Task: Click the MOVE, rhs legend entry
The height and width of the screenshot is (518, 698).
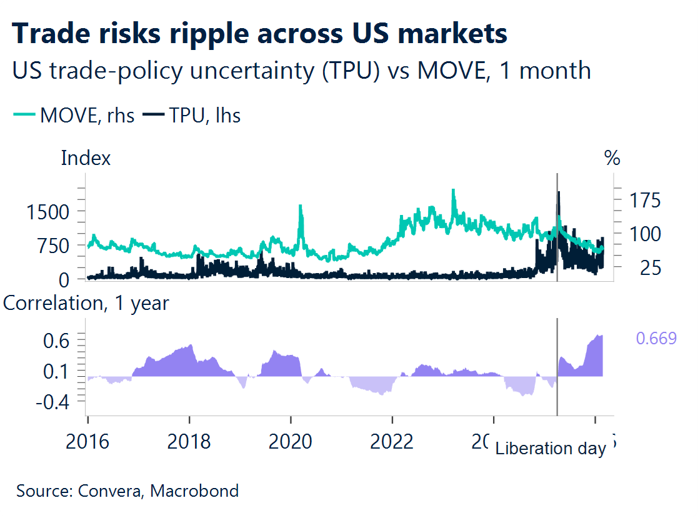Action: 74,116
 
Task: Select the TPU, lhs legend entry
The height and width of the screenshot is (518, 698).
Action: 192,116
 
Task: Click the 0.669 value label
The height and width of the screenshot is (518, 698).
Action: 656,339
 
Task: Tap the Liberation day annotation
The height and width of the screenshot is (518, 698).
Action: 551,449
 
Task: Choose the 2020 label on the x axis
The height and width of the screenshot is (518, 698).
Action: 291,441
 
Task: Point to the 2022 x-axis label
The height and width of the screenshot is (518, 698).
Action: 392,441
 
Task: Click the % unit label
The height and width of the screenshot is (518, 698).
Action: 612,159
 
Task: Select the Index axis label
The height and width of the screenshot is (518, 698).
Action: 86,158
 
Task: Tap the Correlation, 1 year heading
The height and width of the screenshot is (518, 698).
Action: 86,303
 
